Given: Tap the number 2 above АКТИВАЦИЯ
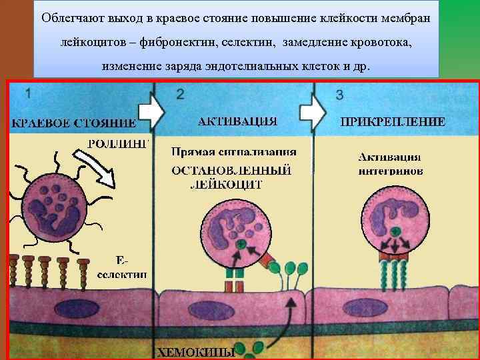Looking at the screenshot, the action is (x=181, y=94).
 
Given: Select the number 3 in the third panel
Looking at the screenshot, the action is (x=339, y=95).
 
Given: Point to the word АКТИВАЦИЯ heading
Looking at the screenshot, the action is (x=237, y=121).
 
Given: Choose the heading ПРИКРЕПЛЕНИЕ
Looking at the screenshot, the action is (x=393, y=122).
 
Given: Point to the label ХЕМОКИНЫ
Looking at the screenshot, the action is (x=195, y=351).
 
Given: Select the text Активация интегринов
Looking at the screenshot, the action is (x=390, y=163).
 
